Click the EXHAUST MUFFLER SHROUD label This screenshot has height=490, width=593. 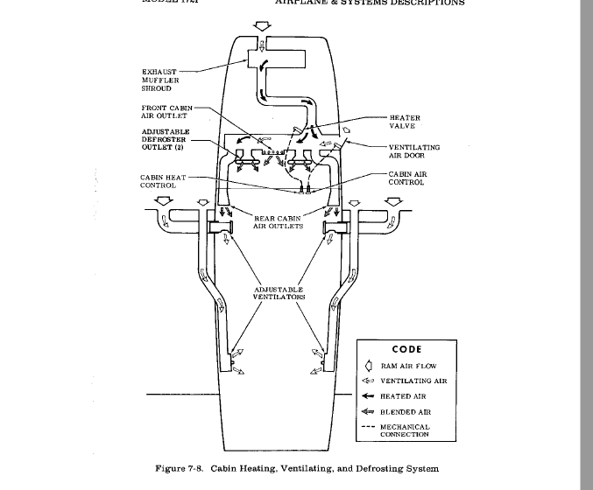[x=159, y=80]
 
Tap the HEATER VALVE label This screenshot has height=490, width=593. [x=405, y=122]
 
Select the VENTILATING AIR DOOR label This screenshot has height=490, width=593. [x=414, y=151]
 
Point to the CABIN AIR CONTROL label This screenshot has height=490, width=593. [x=406, y=178]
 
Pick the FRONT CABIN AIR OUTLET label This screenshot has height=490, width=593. [x=166, y=111]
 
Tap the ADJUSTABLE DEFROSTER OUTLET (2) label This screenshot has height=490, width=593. [x=166, y=139]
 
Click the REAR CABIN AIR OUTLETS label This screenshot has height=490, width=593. [x=279, y=221]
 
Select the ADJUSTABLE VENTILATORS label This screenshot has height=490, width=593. [x=279, y=292]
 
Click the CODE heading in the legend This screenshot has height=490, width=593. [x=406, y=350]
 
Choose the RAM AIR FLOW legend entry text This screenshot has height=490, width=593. [x=408, y=367]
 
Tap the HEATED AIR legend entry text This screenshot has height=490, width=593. [x=403, y=396]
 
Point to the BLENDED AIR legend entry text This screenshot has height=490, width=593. [x=406, y=412]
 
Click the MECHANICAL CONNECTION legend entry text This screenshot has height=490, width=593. [x=405, y=430]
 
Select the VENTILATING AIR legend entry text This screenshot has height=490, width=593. [x=413, y=381]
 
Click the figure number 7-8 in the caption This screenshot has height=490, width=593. [x=193, y=469]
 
